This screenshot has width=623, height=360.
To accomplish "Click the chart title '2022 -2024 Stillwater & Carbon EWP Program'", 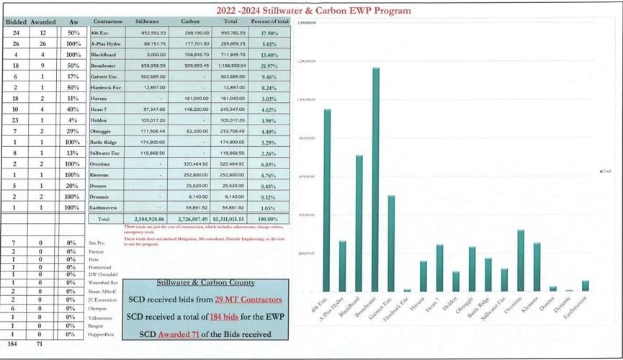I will [x=313, y=11].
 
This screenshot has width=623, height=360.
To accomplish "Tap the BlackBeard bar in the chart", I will [x=359, y=223].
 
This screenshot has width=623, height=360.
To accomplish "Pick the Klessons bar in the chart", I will [x=537, y=267].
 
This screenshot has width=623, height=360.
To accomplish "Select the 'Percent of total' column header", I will [x=269, y=22].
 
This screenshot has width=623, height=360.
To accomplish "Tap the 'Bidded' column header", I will [x=16, y=22].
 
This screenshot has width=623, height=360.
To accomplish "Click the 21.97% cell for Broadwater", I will [x=269, y=67].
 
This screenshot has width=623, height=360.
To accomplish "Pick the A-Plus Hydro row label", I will [x=106, y=44].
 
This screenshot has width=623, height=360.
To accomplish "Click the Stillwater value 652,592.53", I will [x=146, y=33].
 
